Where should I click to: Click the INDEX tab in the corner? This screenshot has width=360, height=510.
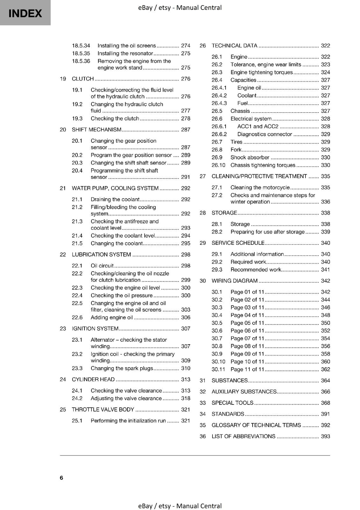25,13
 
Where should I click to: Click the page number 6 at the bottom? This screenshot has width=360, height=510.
61,477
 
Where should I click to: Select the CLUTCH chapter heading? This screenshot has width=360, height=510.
83,79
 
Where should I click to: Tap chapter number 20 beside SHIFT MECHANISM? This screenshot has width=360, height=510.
63,130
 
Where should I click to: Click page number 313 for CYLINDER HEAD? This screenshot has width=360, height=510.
185,379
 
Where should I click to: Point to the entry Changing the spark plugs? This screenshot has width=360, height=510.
122,368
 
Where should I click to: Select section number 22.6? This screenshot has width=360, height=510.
77,317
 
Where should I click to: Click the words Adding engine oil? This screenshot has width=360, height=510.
112,317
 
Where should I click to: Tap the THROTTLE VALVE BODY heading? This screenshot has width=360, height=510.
103,410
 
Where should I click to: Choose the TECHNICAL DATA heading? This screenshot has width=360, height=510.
234,46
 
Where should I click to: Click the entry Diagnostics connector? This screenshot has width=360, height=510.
264,134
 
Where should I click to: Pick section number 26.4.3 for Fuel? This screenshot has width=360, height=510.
219,103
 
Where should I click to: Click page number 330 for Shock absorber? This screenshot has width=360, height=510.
325,157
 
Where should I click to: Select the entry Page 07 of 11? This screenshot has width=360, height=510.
247,339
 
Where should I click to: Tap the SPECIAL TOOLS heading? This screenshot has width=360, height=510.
232,403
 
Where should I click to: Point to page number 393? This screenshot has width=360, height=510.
325,436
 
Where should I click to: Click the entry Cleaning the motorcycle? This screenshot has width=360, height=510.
260,187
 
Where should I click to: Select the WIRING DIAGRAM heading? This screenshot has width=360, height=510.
234,281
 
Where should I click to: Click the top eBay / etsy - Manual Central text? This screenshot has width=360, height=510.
180,8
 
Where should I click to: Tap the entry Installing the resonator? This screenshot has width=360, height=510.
125,54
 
